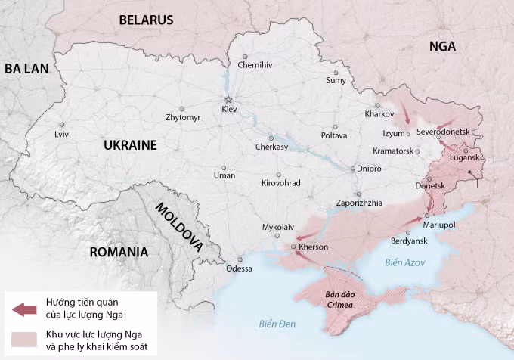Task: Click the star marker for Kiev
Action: pos(228,100)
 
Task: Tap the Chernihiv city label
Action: pos(254,65)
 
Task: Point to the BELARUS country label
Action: pos(145,20)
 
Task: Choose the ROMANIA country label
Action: pos(118,252)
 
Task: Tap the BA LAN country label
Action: pos(26,69)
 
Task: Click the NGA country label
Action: pos(442,46)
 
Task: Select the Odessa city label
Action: pos(239,268)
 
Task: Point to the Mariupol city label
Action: pos(438,225)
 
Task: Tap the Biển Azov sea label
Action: pos(405,262)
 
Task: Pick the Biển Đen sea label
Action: pos(275,325)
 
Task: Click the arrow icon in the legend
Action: pos(24,309)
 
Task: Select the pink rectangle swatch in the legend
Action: pos(24,340)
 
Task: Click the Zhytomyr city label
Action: pos(183,118)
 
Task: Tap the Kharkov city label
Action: pos(379,114)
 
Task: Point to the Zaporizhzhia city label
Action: pos(358,203)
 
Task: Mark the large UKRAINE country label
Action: pos(130,145)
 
